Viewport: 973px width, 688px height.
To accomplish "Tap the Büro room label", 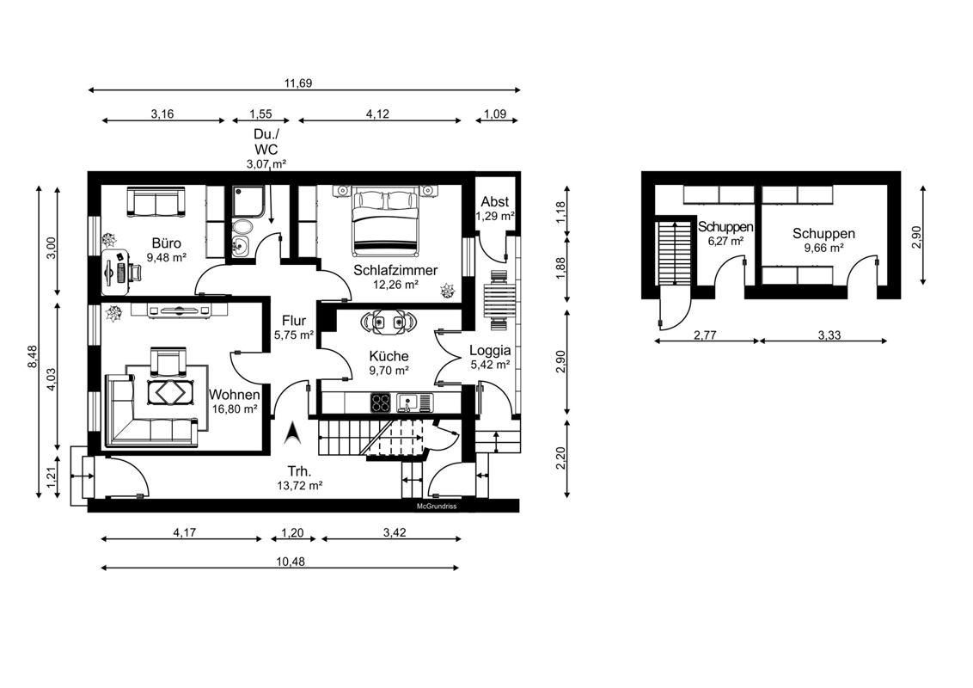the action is tap(166, 243).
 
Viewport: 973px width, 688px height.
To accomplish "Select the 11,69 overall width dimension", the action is tap(298, 83).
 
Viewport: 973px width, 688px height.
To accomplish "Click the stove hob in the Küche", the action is tap(381, 403).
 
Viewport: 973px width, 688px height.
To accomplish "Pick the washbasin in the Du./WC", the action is tap(241, 246).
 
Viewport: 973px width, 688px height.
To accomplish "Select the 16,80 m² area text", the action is tap(235, 409).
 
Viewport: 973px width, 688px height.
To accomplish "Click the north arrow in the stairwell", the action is tap(293, 433).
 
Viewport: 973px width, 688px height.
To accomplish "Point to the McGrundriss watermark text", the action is tap(437, 507).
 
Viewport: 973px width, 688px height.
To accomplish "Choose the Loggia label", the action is tap(490, 350).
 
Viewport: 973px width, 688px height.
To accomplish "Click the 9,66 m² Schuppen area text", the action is tap(823, 248).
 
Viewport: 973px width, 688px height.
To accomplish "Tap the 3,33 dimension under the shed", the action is tap(829, 335).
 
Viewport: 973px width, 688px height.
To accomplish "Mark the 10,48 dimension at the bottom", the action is tap(291, 562).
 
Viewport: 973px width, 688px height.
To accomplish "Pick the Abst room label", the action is tap(494, 202).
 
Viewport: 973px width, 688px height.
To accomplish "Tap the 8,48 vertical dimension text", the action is tap(33, 357).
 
